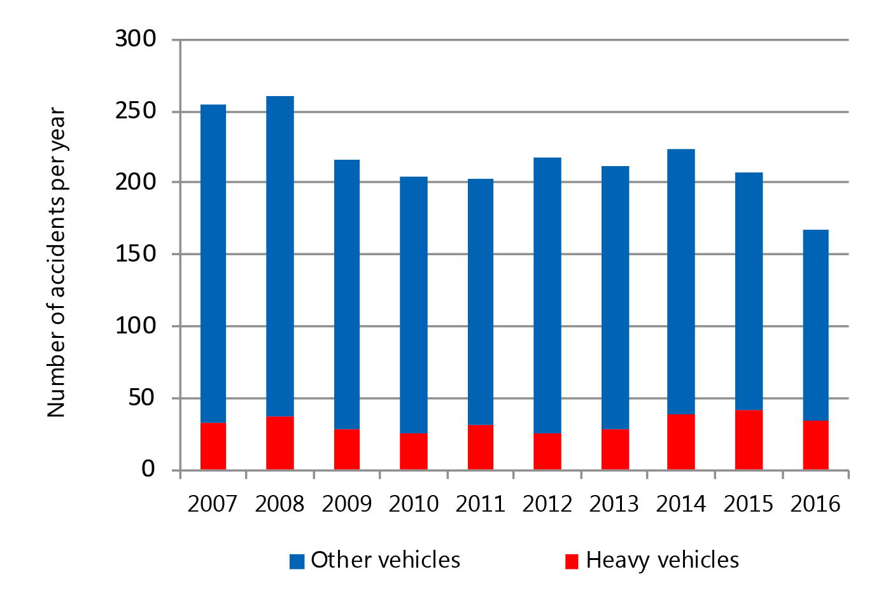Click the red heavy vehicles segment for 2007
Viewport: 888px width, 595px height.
click(213, 446)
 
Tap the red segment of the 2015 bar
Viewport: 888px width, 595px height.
click(749, 440)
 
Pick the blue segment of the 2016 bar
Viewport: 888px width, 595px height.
click(815, 325)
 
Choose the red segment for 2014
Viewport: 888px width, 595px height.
click(681, 442)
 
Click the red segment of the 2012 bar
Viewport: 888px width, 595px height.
click(547, 451)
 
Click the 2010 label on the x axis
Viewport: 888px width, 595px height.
click(414, 504)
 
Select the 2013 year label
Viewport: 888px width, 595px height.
click(614, 504)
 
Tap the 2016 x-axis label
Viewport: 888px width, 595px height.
click(815, 504)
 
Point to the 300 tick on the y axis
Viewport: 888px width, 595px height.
click(136, 39)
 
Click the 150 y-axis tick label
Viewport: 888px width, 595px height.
click(136, 254)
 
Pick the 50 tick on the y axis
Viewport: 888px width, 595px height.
click(142, 398)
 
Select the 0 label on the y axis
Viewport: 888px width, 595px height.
click(148, 470)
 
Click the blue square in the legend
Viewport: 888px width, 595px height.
click(297, 561)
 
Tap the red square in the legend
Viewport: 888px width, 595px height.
click(572, 561)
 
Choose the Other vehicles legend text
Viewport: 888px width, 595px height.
click(385, 560)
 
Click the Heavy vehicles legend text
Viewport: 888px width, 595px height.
click(662, 560)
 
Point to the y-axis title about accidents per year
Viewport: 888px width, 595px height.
click(56, 262)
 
